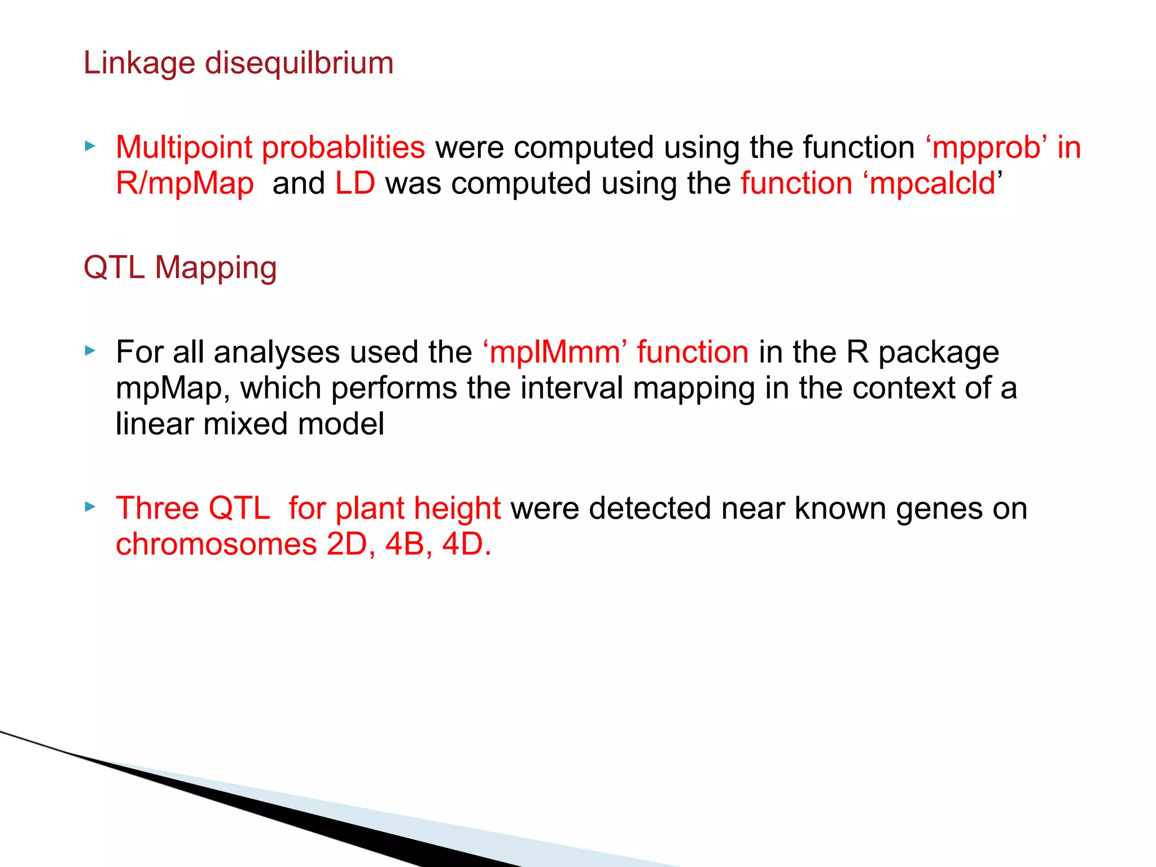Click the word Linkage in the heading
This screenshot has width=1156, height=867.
(x=139, y=63)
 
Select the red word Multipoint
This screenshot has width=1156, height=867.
(x=184, y=148)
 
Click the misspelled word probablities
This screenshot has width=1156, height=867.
(x=343, y=148)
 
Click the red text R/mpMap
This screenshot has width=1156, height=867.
(x=185, y=184)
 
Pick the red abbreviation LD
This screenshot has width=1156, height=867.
(x=355, y=183)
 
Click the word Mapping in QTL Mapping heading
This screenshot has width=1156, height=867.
(x=216, y=268)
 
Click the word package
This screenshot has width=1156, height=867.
(x=938, y=353)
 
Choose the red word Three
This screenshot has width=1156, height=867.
(x=157, y=508)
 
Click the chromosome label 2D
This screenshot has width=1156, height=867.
(x=347, y=544)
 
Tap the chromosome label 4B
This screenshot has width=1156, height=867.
(x=405, y=544)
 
